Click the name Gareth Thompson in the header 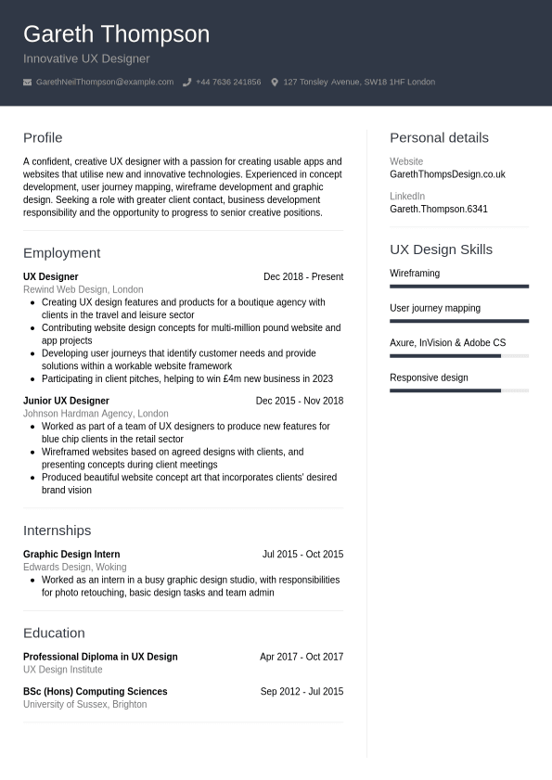[116, 34]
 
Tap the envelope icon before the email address [28, 83]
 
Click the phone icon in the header [186, 83]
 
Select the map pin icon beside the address [275, 83]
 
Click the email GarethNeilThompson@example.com [105, 83]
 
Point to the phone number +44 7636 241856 [228, 83]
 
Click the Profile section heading [43, 138]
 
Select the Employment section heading [61, 253]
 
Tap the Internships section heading [57, 531]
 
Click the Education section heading [54, 633]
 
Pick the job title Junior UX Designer [66, 402]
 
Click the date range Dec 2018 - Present [303, 277]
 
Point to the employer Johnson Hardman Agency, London [96, 414]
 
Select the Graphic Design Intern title [71, 555]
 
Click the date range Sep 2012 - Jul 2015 [302, 692]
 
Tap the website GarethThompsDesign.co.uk [447, 174]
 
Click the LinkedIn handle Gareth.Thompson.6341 [438, 210]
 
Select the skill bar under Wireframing [459, 287]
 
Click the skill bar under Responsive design [459, 390]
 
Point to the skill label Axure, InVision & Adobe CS [447, 343]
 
